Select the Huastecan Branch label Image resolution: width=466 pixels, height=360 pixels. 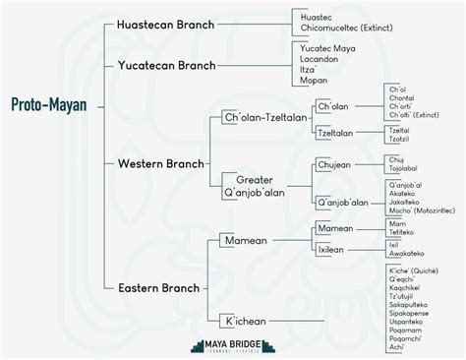pos(164,24)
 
